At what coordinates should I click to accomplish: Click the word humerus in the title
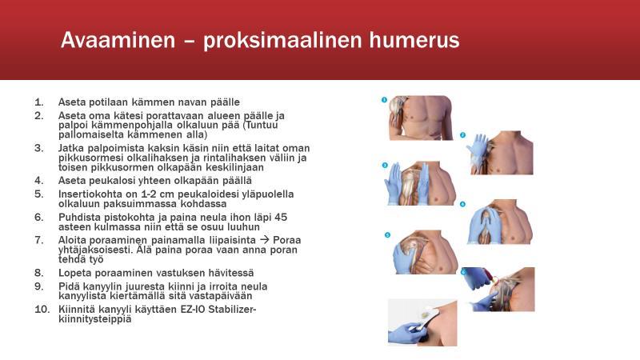click(414, 40)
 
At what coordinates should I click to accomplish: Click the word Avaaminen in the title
click(118, 40)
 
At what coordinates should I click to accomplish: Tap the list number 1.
click(39, 102)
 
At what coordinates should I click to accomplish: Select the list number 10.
click(42, 310)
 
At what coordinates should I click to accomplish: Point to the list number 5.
click(39, 194)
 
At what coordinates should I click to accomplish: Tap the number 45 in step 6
click(281, 217)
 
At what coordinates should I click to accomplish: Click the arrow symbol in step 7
click(265, 240)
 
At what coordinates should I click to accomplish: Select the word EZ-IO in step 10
click(193, 310)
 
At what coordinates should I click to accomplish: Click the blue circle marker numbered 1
click(384, 100)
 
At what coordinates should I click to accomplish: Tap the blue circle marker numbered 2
click(463, 135)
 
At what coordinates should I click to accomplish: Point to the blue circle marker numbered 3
click(385, 166)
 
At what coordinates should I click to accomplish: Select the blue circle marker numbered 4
click(463, 204)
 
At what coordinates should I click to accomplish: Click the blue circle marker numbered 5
click(387, 234)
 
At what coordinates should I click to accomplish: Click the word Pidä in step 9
click(69, 286)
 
